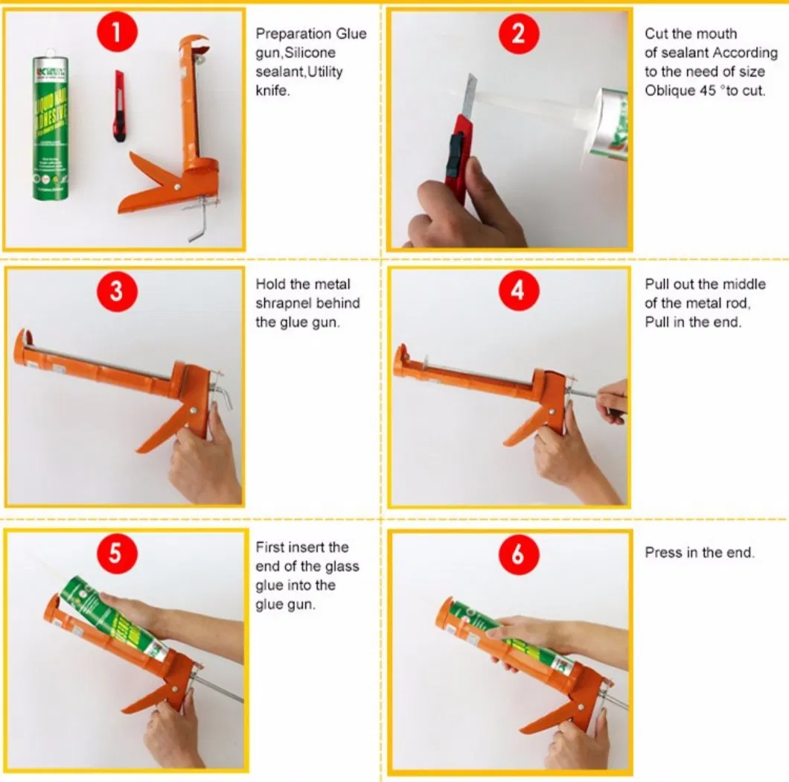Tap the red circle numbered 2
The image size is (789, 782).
(517, 33)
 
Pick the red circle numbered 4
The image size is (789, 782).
(517, 290)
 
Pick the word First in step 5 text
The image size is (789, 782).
(269, 547)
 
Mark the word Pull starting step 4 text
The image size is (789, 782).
(657, 284)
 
